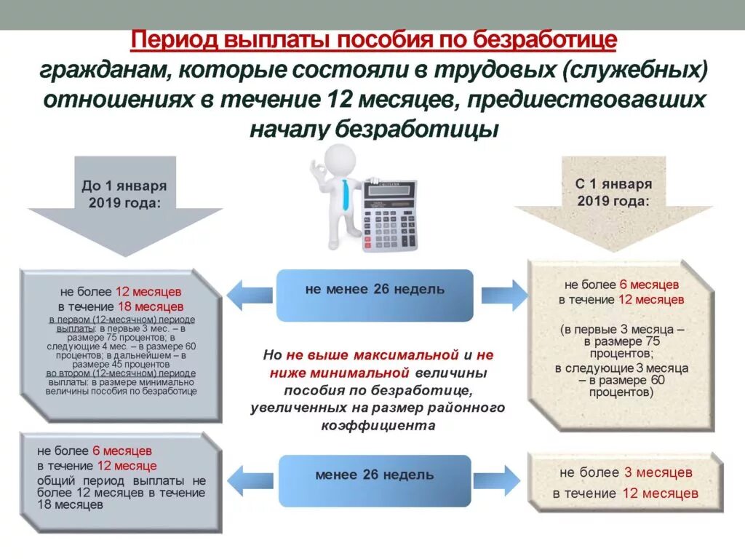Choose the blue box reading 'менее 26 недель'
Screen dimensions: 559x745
click(375, 475)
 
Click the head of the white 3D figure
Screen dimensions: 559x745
click(339, 159)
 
